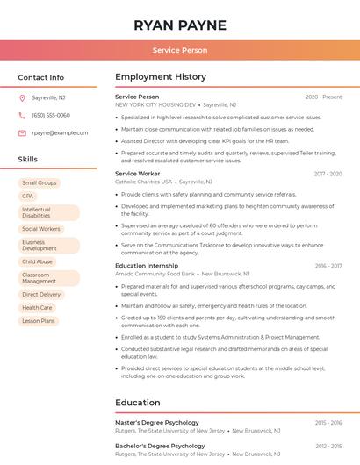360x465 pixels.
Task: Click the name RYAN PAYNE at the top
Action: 180,25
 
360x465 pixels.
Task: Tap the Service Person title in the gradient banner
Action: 180,50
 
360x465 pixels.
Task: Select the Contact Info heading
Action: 40,77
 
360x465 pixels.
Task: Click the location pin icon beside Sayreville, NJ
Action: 22,97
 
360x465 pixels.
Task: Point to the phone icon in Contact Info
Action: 22,115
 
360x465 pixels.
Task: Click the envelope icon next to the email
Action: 22,132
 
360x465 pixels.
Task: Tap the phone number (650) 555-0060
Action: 50,115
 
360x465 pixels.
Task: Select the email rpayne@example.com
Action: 60,132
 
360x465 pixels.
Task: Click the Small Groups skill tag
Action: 39,183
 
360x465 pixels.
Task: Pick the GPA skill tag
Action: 27,197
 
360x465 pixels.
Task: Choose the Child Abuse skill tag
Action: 37,261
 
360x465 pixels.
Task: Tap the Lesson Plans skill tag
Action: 38,321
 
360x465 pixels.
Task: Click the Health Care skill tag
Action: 37,308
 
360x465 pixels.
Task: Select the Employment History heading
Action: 161,77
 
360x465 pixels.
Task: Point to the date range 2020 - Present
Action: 323,97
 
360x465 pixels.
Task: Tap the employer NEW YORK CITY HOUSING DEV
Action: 155,104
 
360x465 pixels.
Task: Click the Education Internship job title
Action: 147,265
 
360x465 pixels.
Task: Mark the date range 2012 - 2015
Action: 328,446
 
